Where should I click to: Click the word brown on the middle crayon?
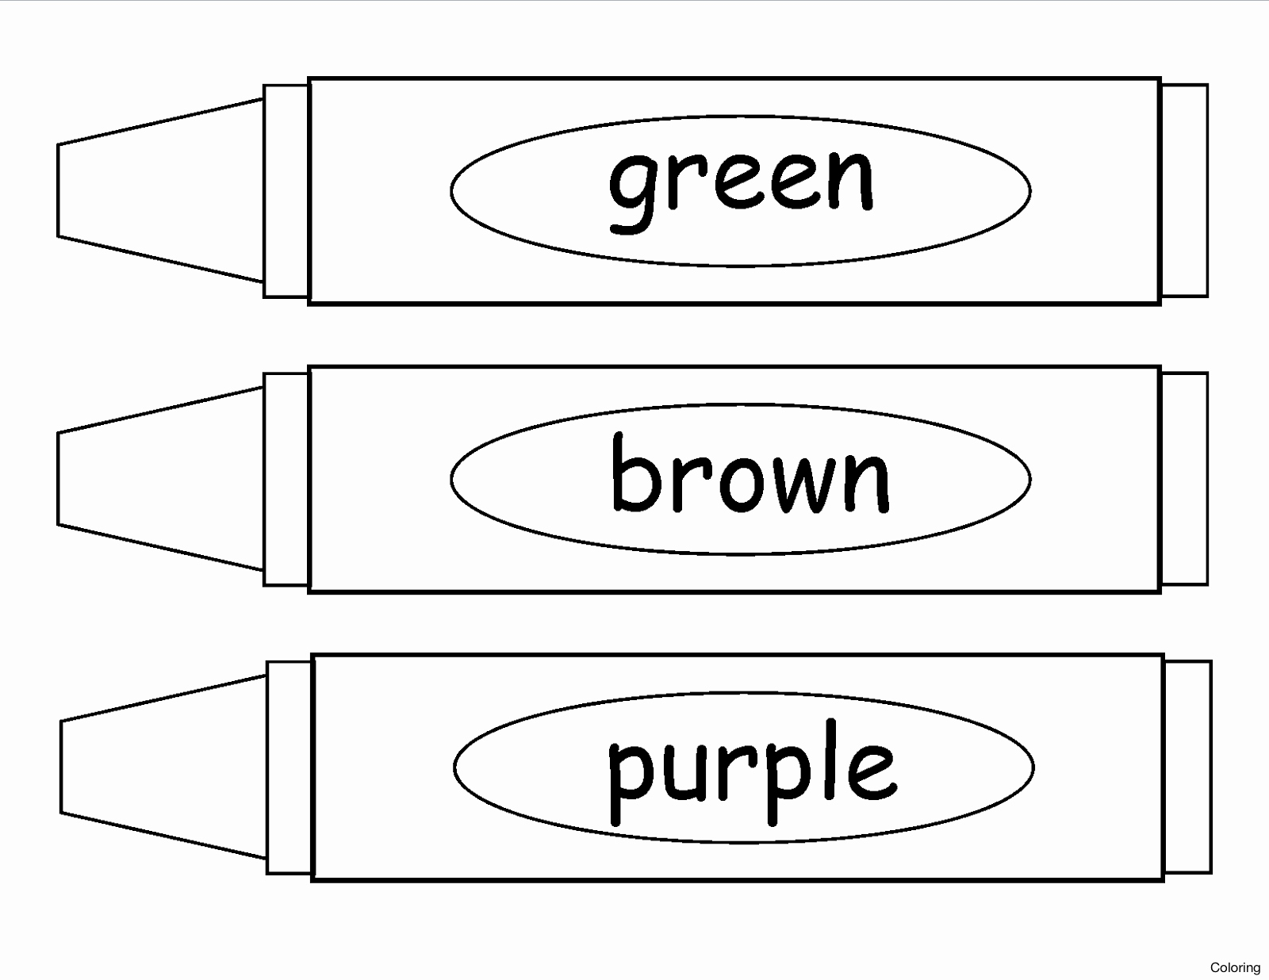point(750,473)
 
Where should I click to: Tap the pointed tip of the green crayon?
point(160,190)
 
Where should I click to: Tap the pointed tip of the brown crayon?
point(160,478)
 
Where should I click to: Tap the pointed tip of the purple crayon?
point(163,767)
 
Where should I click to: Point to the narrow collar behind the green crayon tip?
point(286,191)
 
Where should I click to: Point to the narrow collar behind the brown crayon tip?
point(286,479)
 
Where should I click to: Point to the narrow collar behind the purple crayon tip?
point(289,768)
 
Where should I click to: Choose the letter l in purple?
point(830,760)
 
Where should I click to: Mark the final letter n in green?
point(849,180)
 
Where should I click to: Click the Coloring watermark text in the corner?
point(1235,967)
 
